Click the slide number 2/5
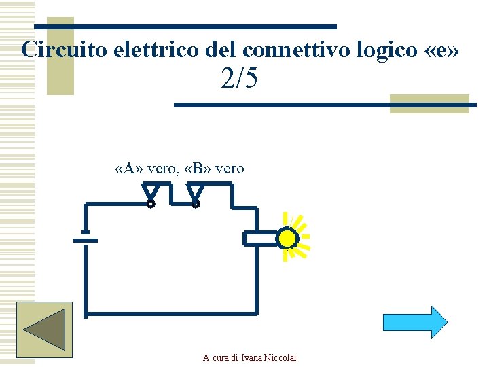pyautogui.click(x=239, y=80)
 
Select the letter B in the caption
pyautogui.click(x=198, y=169)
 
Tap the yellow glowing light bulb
pyautogui.click(x=288, y=238)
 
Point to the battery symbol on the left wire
pyautogui.click(x=84, y=239)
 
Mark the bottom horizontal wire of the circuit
pyautogui.click(x=170, y=314)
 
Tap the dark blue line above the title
pyautogui.click(x=185, y=27)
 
